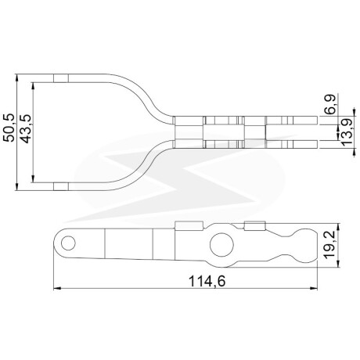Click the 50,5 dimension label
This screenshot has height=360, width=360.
click(x=9, y=128)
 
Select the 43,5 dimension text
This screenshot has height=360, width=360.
click(x=26, y=128)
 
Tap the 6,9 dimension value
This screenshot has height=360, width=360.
click(x=331, y=104)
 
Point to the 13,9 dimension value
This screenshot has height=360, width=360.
click(x=347, y=131)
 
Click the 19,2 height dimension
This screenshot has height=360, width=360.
click(x=330, y=246)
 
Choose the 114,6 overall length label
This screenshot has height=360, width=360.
click(x=207, y=282)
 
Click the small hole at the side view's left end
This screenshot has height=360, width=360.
click(x=68, y=243)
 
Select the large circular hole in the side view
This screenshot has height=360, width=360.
click(x=221, y=245)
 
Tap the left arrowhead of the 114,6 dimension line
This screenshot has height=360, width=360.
click(x=57, y=289)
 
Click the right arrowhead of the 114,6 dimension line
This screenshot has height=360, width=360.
click(x=314, y=289)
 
